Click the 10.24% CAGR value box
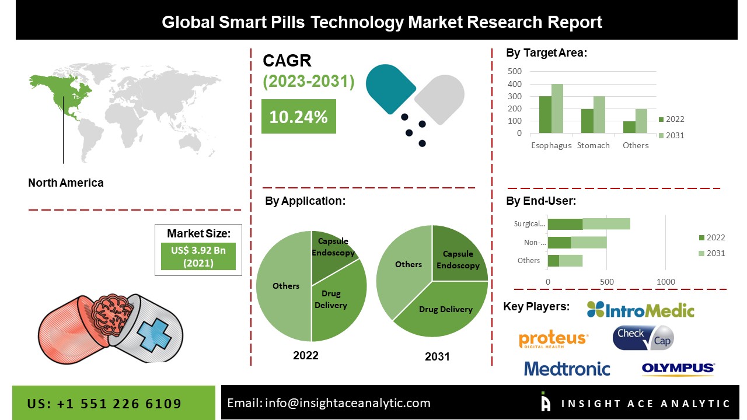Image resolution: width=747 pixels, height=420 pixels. tap(298, 116)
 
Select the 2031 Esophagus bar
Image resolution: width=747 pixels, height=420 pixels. tap(557, 109)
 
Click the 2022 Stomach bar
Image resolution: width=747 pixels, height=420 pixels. tap(587, 121)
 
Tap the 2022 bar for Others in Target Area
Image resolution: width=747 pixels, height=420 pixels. tap(629, 127)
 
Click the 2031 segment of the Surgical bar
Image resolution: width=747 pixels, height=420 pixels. tap(606, 224)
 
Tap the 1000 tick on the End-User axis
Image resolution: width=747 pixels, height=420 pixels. tap(666, 282)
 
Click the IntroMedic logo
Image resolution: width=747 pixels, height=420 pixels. tap(640, 310)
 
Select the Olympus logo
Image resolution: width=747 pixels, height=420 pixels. tap(678, 369)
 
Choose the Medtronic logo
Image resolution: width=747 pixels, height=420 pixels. tap(567, 369)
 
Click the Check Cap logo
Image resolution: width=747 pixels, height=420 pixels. tap(643, 338)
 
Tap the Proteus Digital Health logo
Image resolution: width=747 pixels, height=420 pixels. tap(553, 339)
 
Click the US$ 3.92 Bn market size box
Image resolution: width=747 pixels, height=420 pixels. tap(198, 257)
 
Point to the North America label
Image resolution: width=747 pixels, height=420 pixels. tap(66, 183)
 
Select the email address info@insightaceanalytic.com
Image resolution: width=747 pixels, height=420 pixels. tap(347, 403)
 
